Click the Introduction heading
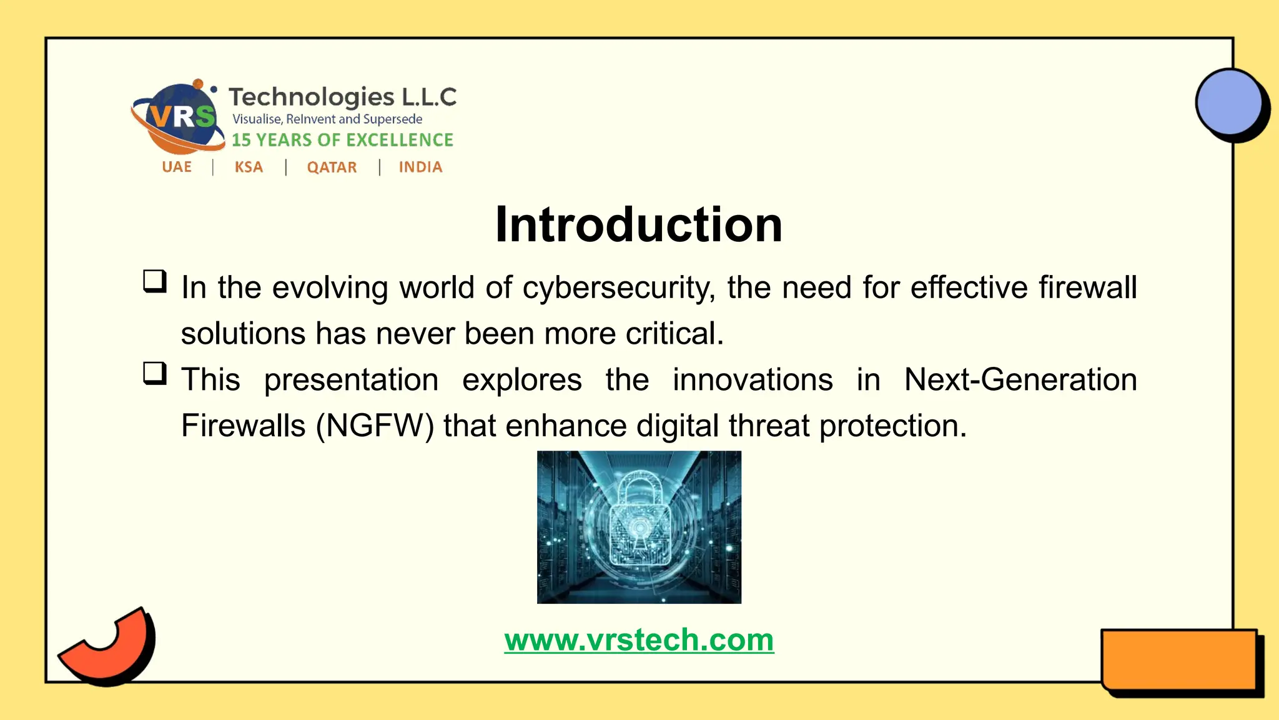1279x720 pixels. [x=638, y=224]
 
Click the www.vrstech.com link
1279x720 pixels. [x=639, y=640]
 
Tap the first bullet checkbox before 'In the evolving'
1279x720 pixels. [x=155, y=281]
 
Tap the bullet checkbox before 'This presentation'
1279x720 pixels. [x=155, y=373]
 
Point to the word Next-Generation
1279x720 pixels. [x=1020, y=380]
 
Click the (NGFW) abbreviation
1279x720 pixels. [x=375, y=426]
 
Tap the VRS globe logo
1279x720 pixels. [x=179, y=117]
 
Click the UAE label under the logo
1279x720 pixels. [x=177, y=167]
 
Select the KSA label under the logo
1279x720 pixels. [x=249, y=167]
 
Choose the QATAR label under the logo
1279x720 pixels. [x=332, y=167]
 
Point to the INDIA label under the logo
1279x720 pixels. [x=420, y=167]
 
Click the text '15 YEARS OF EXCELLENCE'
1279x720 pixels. [x=342, y=140]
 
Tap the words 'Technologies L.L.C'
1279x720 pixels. [x=342, y=97]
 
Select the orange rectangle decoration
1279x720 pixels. [x=1179, y=660]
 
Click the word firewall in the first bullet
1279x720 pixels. [x=1087, y=288]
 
